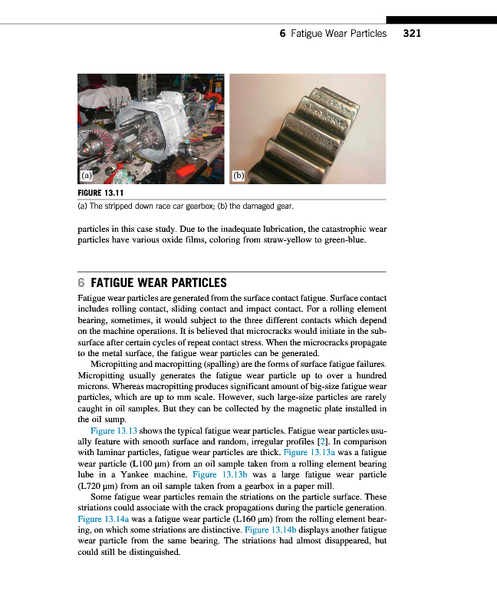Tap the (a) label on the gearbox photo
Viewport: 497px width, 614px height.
point(87,174)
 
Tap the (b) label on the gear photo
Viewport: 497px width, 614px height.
point(239,175)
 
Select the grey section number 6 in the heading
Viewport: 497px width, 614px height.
point(82,282)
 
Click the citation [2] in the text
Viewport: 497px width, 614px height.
point(313,442)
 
